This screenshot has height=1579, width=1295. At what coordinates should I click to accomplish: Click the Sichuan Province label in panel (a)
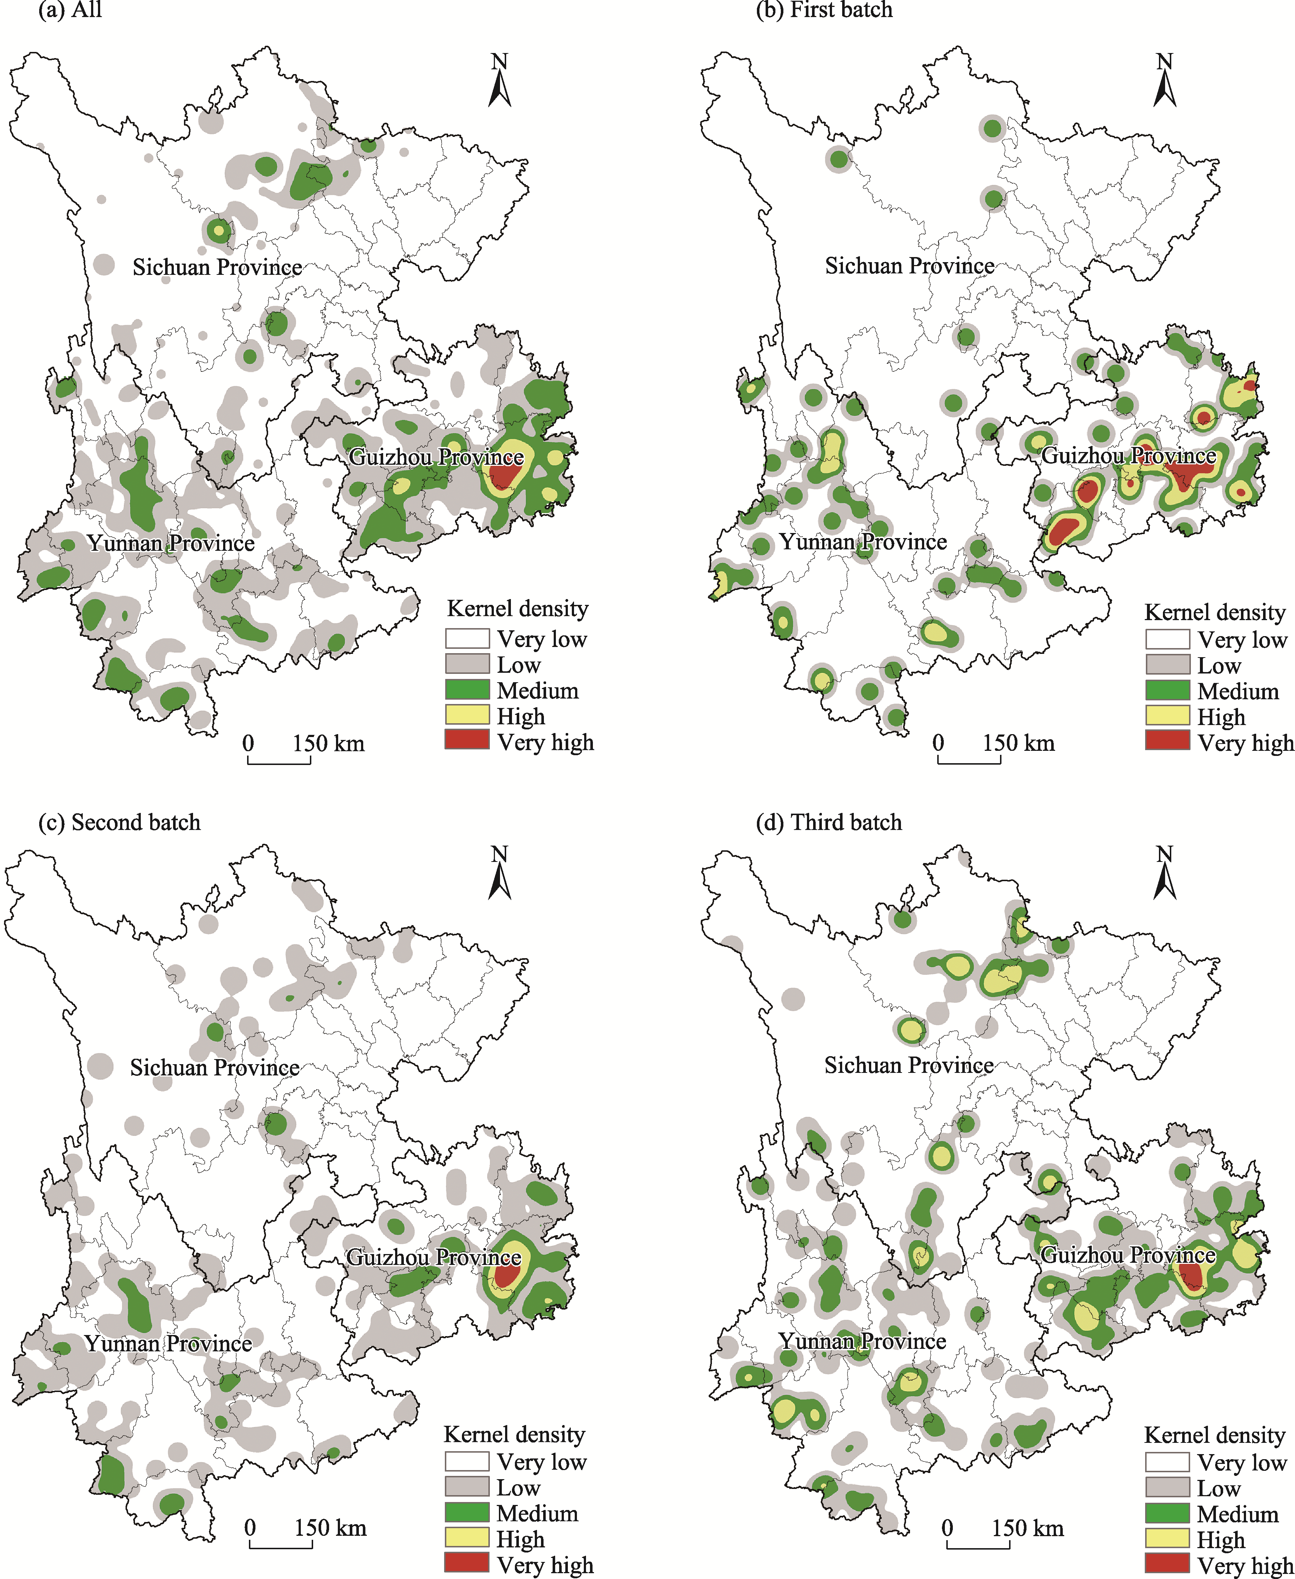coord(217,267)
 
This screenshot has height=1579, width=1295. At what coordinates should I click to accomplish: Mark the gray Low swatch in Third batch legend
coord(1167,1487)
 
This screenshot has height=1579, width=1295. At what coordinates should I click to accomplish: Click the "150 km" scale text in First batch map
coord(1018,743)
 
